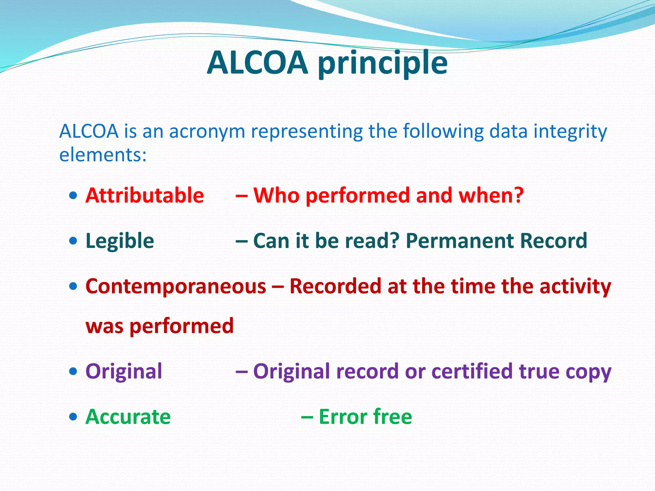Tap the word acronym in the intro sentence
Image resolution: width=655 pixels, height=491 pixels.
coord(207,131)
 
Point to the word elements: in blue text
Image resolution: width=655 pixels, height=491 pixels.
coord(103,155)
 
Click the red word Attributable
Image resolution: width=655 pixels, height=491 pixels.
coord(145,195)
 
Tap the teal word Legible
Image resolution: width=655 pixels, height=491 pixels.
coord(120,241)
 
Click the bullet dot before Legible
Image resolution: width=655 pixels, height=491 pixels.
coord(73,240)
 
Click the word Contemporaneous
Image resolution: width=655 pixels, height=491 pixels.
coord(176,286)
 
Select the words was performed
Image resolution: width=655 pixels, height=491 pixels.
coord(160,326)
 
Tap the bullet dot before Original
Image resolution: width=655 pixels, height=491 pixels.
coord(73,371)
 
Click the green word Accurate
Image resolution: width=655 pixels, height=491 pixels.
coord(128,417)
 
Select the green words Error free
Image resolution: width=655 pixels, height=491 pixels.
coord(365,417)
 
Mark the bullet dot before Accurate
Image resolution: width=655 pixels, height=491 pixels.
coord(73,417)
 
